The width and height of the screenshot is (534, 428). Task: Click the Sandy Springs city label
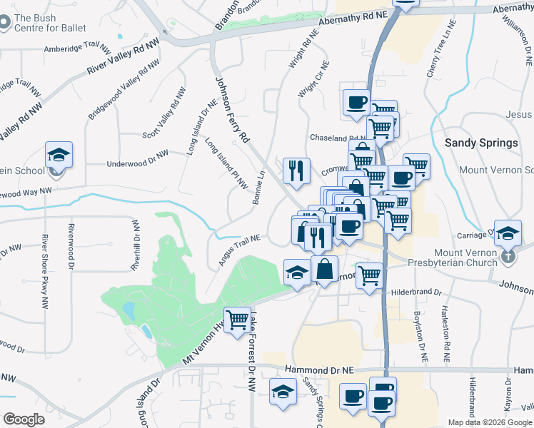(x=481, y=143)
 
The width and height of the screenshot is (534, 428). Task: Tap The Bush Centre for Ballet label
(x=50, y=23)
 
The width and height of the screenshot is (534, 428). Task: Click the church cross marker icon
(x=508, y=256)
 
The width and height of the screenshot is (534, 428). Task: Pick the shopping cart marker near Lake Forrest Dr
(x=237, y=320)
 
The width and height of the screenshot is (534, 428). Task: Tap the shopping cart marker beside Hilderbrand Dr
(x=369, y=275)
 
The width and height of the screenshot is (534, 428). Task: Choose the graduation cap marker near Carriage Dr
(x=508, y=233)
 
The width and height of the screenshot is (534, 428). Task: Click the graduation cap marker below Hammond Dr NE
(x=283, y=391)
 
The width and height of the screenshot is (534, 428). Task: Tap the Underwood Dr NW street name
(x=137, y=158)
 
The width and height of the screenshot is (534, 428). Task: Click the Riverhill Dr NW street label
(x=134, y=244)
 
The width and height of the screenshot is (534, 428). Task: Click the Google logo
(x=24, y=419)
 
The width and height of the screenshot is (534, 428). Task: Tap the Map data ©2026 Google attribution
(x=489, y=422)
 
